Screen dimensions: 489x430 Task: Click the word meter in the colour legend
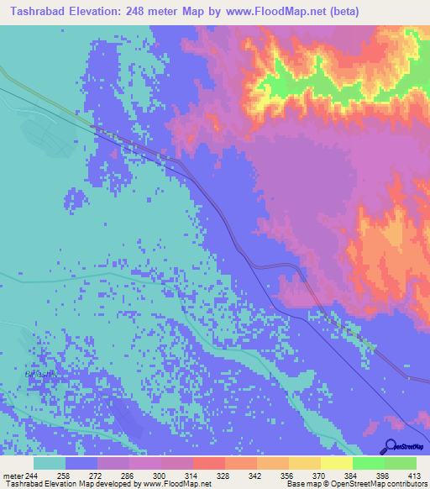pyautogui.click(x=13, y=475)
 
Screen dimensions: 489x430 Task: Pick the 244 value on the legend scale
pyautogui.click(x=32, y=475)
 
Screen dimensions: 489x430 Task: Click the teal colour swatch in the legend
pyautogui.click(x=50, y=463)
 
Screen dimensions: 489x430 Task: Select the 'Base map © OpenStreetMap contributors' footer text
pyautogui.click(x=354, y=485)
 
